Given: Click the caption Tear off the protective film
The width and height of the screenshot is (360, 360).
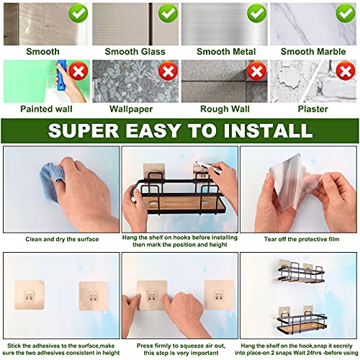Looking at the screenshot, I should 299,238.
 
